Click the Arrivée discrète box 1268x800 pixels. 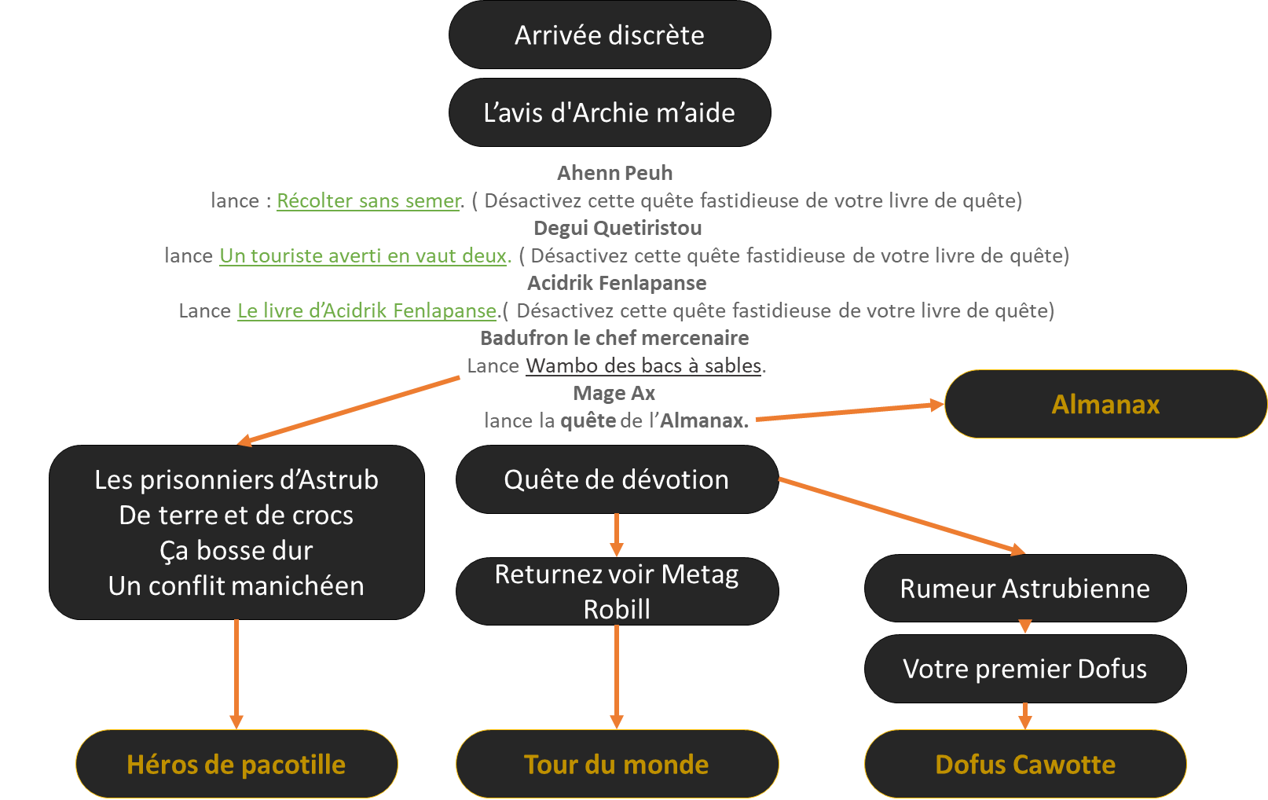coord(610,35)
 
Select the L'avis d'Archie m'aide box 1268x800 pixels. coord(610,112)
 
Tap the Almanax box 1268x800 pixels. coord(1105,404)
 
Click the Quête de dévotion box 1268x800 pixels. coord(617,479)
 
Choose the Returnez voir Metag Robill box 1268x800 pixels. coord(617,591)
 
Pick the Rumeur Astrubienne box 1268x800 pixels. coord(1024,589)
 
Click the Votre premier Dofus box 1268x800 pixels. coord(1024,669)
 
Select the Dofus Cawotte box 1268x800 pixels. coord(1024,764)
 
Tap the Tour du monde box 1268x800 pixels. coord(617,764)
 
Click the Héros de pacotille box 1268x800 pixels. coord(236,764)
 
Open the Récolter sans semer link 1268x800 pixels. coord(368,201)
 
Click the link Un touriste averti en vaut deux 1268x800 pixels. coord(364,256)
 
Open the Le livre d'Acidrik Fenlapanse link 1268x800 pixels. coord(367,311)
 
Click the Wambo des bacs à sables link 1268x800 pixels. coord(643,366)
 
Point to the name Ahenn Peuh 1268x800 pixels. coord(614,173)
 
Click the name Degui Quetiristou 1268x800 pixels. coord(618,228)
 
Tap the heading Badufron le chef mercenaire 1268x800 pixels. coord(614,338)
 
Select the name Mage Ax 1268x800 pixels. coord(614,393)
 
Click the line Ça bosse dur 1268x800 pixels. coord(236,550)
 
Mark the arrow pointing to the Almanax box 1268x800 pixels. coord(848,412)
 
